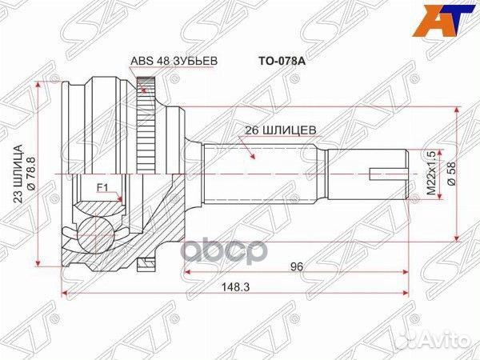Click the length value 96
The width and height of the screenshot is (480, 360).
[x=297, y=269]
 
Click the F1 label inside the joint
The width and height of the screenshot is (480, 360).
[x=102, y=189]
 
